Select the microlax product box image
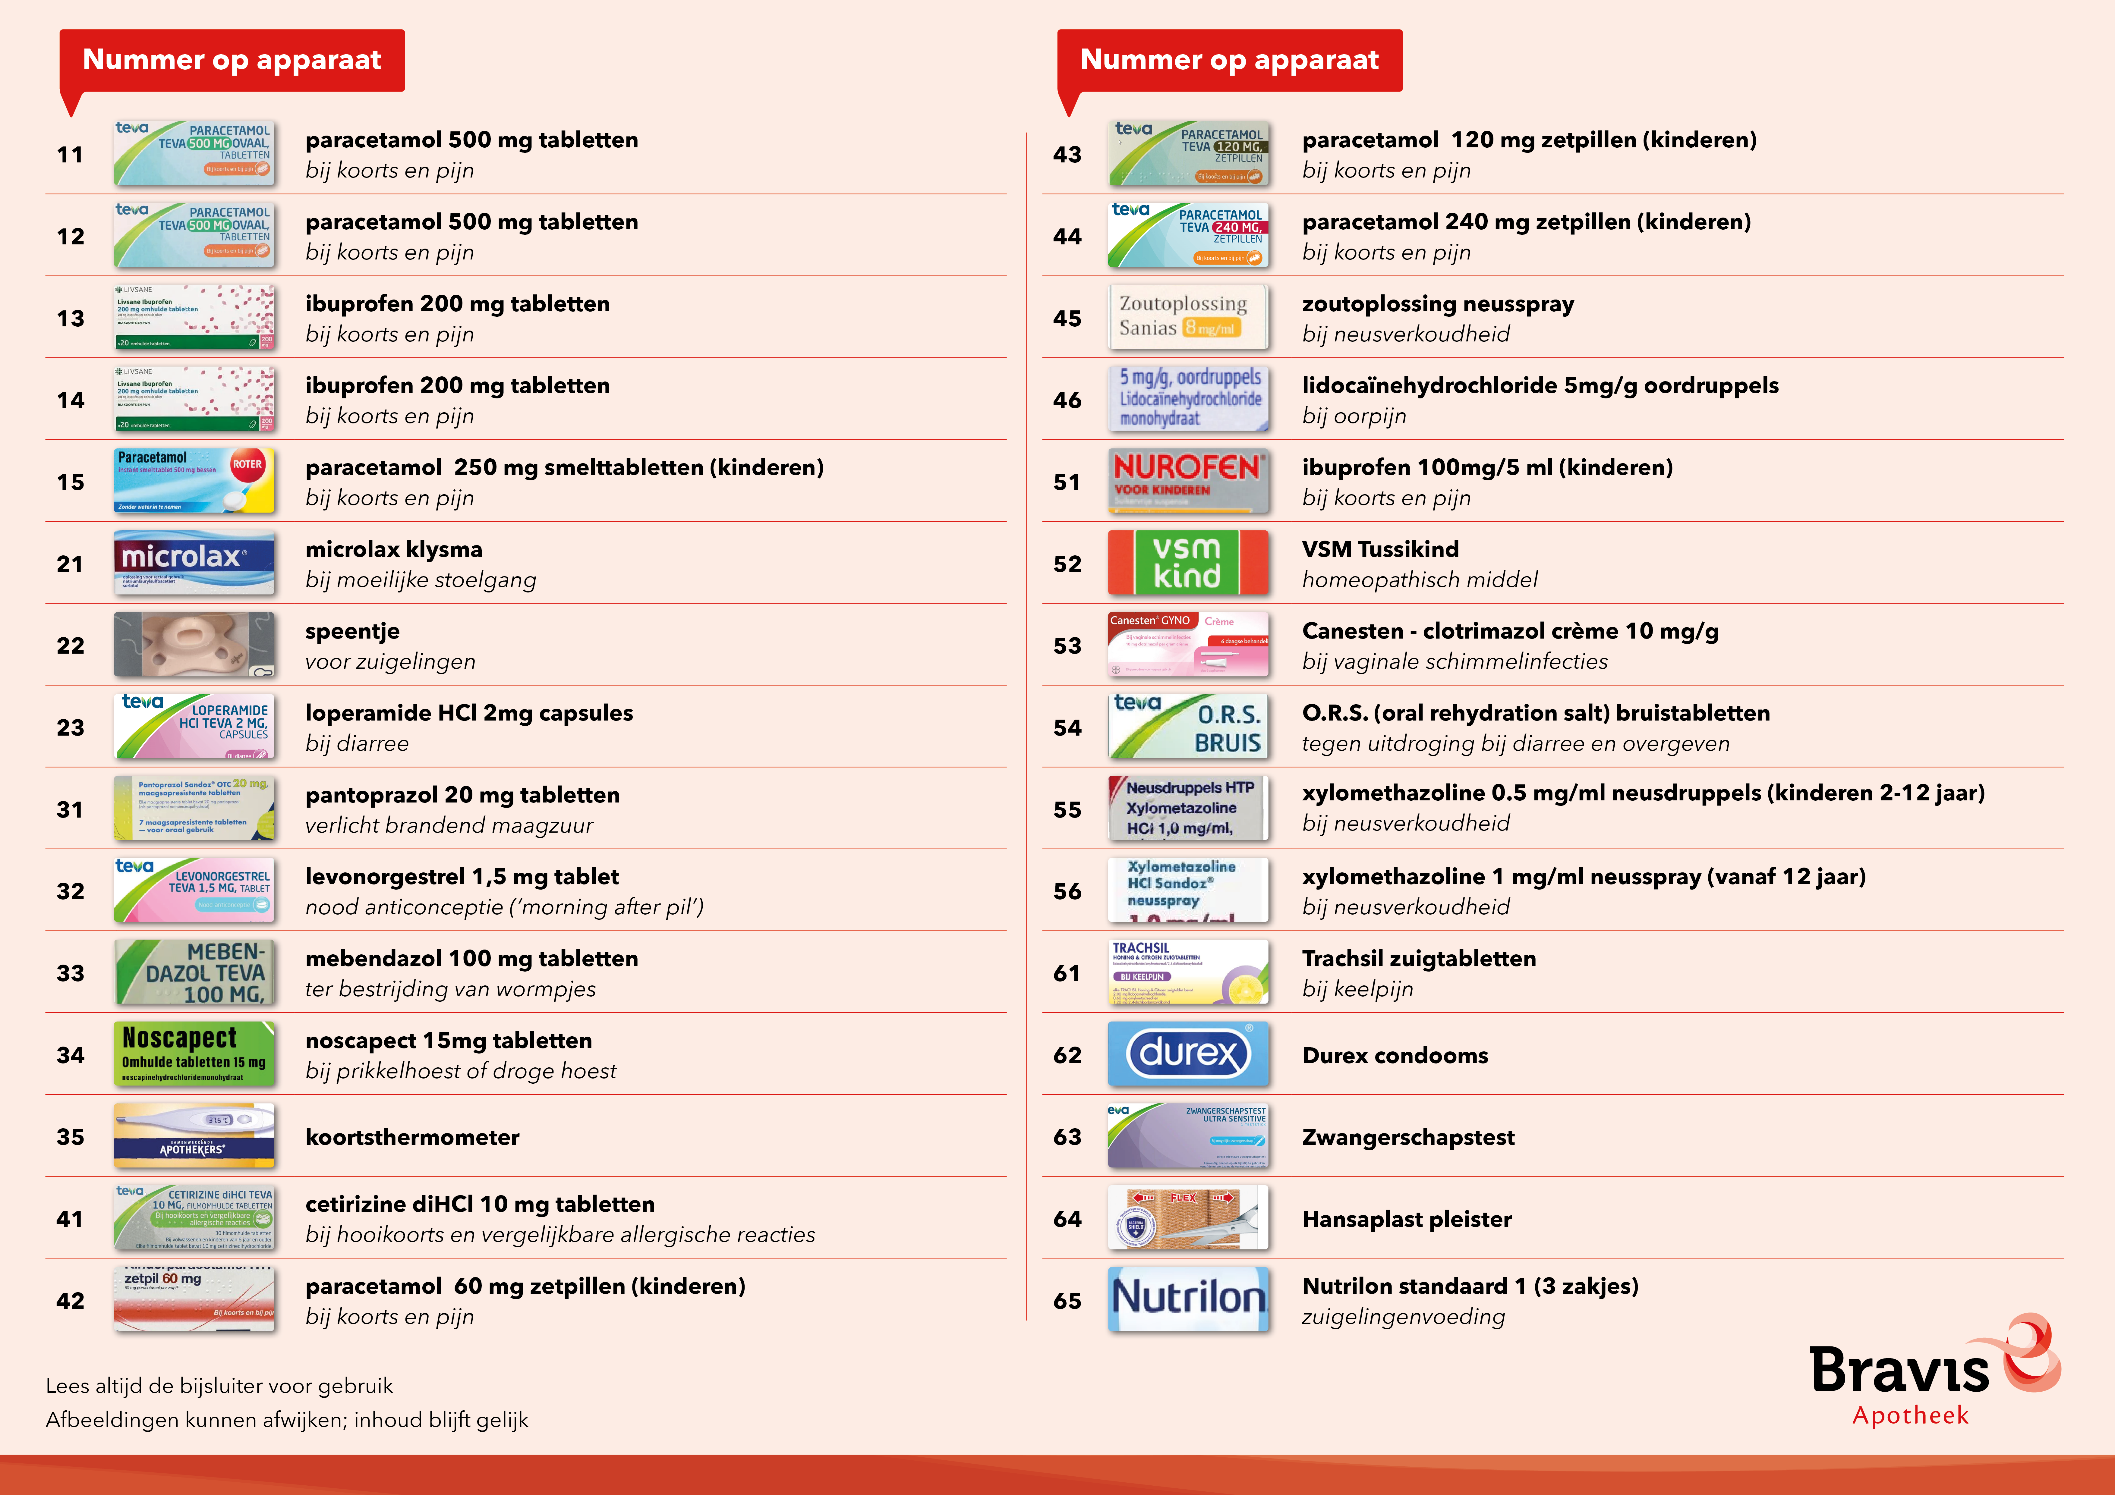pyautogui.click(x=194, y=563)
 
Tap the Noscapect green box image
pyautogui.click(x=194, y=1054)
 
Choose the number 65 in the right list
pyautogui.click(x=1067, y=1301)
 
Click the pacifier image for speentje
pyautogui.click(x=194, y=645)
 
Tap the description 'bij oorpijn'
pyautogui.click(x=1354, y=416)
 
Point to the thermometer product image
pyautogui.click(x=194, y=1136)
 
